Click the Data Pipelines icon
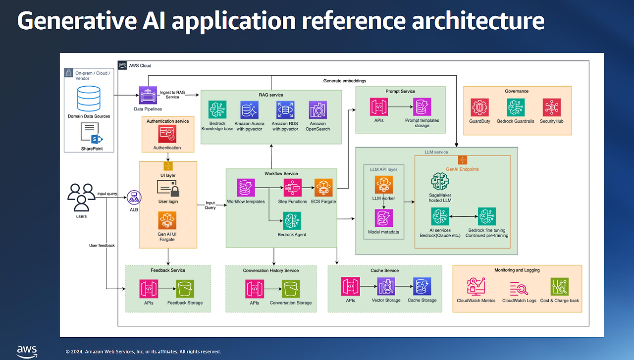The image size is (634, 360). pos(148,95)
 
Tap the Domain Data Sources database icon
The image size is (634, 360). pos(89,98)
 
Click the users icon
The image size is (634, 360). pos(81,197)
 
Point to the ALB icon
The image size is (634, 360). pos(133,197)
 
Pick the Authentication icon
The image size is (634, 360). pos(167,134)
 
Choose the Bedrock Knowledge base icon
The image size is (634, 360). pos(217,110)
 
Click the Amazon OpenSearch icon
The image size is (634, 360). pos(317,110)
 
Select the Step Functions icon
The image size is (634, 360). pos(293,188)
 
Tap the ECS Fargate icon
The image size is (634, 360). pos(323,188)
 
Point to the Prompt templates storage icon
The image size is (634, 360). pos(422,106)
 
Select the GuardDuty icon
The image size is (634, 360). pos(479,107)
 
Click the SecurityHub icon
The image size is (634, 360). pos(551,107)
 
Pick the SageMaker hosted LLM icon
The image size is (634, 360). pos(439,182)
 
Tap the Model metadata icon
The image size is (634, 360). pos(384,218)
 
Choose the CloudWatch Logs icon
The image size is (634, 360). pos(519,288)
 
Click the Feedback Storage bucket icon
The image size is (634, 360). pos(185,289)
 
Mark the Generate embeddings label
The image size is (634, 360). pos(344,80)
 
